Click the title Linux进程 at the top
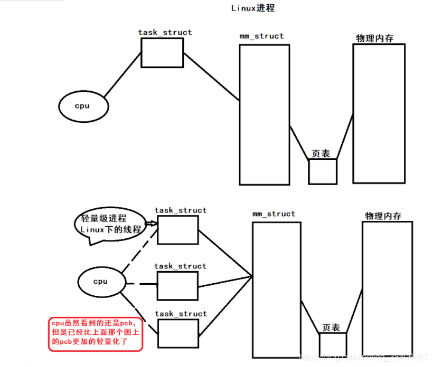point(253,8)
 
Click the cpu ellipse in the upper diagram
point(83,106)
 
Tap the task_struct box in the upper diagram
point(162,53)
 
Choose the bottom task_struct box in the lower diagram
point(178,333)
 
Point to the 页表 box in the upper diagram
point(322,171)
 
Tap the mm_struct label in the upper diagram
point(261,36)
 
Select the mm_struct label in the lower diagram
point(274,214)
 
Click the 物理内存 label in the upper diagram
point(374,38)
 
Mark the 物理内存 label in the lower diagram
point(383,216)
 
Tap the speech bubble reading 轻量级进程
point(111,225)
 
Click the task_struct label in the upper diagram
point(165,33)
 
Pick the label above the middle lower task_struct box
point(181,266)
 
